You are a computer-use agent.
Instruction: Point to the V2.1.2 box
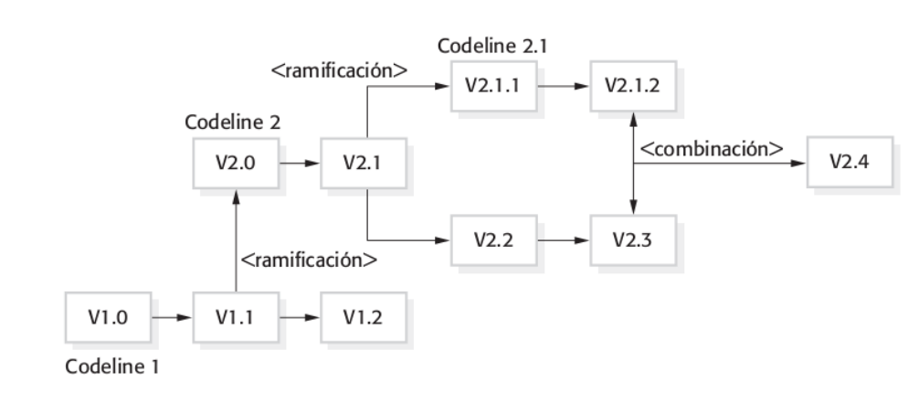pos(631,86)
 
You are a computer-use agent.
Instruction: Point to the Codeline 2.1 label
pos(485,47)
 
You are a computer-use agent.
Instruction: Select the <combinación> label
pos(710,150)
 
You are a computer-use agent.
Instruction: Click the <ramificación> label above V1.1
pos(309,260)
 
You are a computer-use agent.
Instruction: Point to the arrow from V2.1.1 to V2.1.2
pos(562,86)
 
